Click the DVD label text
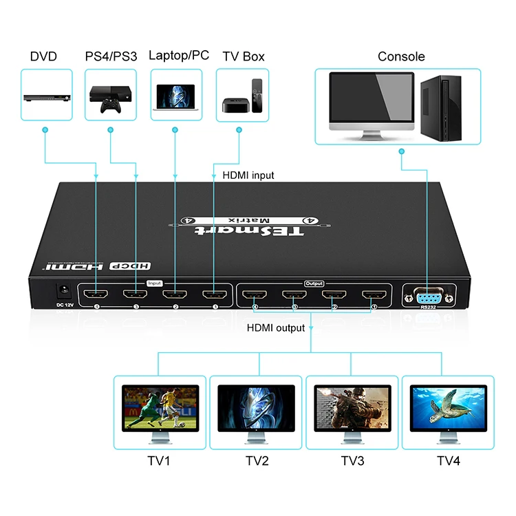click(43, 56)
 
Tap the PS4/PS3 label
click(110, 56)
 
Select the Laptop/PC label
click(178, 56)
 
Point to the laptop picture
click(175, 96)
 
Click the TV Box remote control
click(257, 96)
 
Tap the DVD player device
click(47, 97)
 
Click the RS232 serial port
click(429, 297)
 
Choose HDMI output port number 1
click(374, 296)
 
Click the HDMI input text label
click(248, 175)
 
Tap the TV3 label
click(352, 460)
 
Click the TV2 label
click(257, 460)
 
